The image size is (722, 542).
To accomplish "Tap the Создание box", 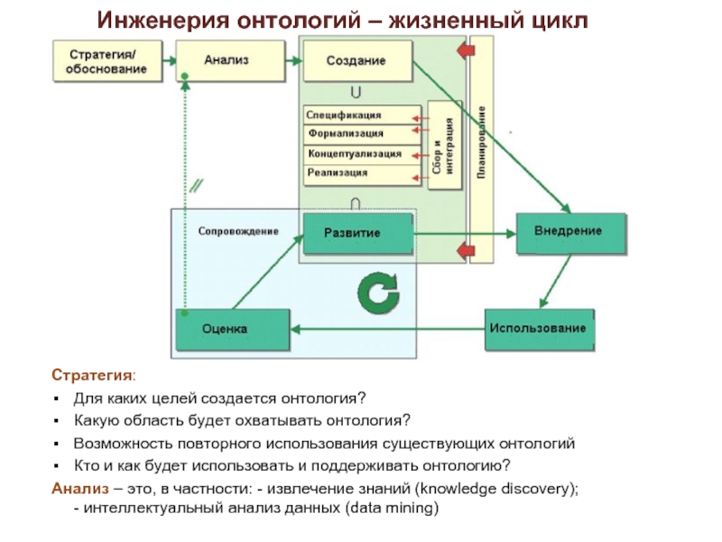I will [x=357, y=61].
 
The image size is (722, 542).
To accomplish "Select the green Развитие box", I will [x=357, y=233].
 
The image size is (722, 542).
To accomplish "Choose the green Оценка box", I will [x=231, y=329].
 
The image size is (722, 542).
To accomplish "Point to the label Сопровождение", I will [x=237, y=232].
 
